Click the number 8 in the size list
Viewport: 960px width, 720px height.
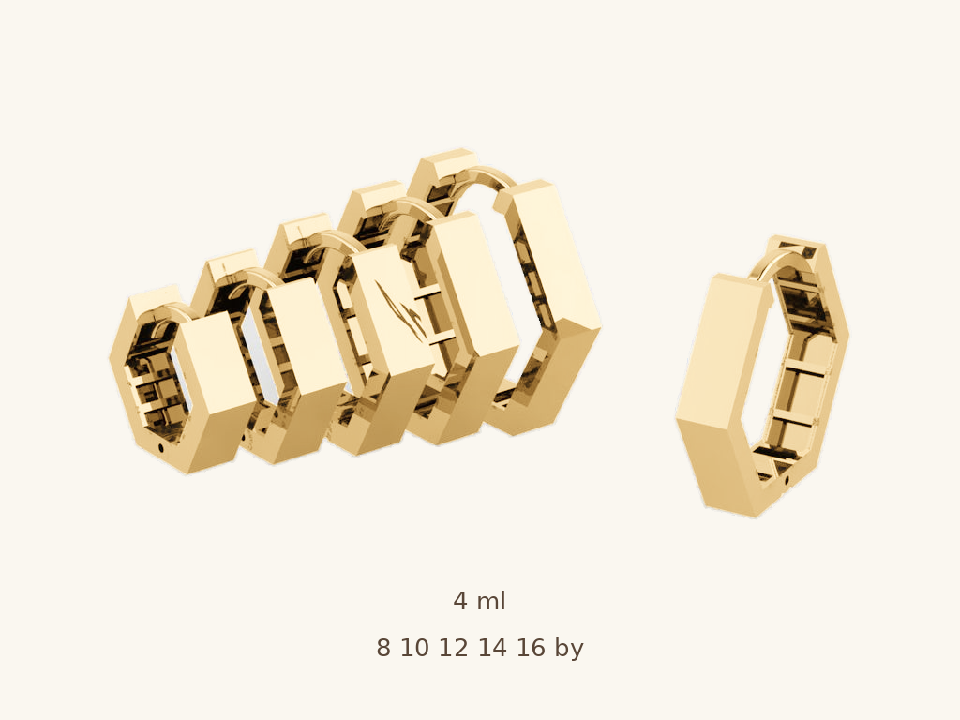(x=382, y=648)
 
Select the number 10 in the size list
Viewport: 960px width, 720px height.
(x=414, y=648)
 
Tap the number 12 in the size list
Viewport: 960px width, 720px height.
(x=453, y=648)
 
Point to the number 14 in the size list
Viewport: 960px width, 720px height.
(x=492, y=648)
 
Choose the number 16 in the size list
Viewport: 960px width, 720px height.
(x=531, y=648)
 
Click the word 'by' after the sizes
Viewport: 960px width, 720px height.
(x=569, y=649)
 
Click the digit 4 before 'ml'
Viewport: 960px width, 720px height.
(x=460, y=601)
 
